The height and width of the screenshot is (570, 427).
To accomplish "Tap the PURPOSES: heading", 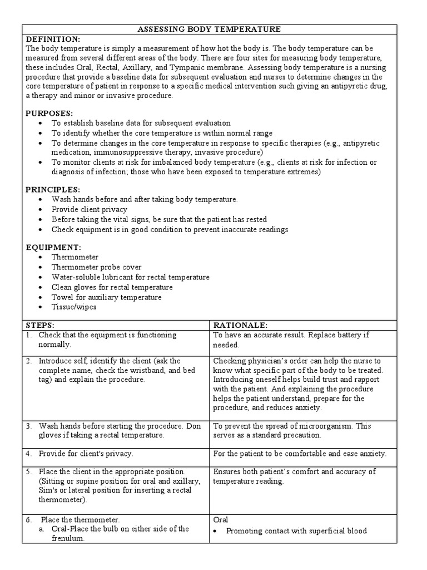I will (50, 113).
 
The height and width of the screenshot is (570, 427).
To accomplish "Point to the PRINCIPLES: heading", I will (53, 189).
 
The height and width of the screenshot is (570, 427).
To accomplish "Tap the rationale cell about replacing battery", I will (291, 340).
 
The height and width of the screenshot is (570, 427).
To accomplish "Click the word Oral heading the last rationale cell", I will (221, 519).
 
